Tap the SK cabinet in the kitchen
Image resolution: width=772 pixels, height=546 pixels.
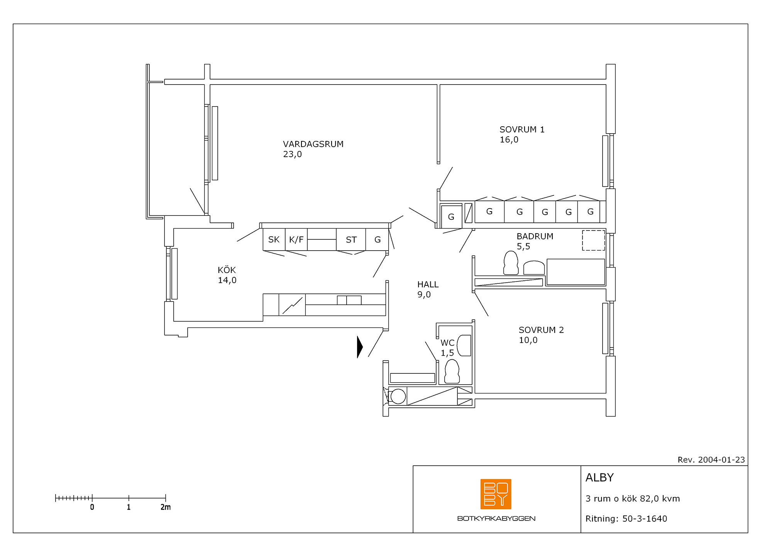click(x=274, y=239)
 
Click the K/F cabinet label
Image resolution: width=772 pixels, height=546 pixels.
click(x=296, y=240)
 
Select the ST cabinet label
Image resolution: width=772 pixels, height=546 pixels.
click(x=351, y=240)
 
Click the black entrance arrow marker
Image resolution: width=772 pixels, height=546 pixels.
click(x=360, y=347)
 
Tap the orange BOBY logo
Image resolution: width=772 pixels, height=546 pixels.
click(x=496, y=494)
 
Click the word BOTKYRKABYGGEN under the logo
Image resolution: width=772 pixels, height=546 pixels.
click(x=496, y=519)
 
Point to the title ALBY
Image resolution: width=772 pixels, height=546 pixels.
click(x=599, y=478)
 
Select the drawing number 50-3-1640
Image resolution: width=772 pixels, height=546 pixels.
click(x=645, y=519)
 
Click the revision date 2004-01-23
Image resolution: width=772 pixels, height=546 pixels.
click(x=721, y=460)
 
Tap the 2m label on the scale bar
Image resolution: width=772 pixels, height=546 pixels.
click(x=166, y=507)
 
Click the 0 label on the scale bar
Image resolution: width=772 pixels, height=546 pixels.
click(x=92, y=507)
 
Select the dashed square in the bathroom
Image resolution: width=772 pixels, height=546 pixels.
click(x=593, y=240)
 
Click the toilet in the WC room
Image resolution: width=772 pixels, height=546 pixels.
click(x=452, y=371)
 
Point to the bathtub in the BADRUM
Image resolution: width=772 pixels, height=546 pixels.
click(x=576, y=272)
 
